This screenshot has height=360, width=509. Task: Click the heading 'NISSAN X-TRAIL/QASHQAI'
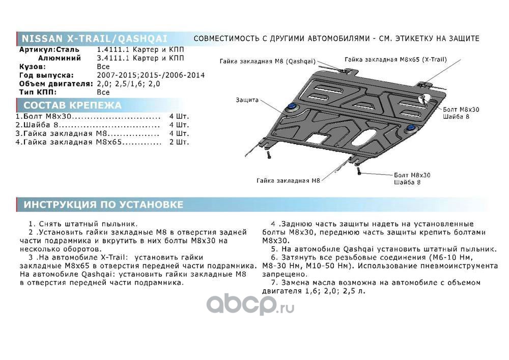click(94, 39)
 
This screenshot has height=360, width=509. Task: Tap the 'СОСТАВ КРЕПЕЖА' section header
click(73, 105)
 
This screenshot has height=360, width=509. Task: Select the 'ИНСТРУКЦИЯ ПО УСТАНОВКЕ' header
click(103, 205)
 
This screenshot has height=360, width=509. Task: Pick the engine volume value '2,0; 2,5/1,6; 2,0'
click(128, 84)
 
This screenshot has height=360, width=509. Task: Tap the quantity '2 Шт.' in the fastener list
click(179, 143)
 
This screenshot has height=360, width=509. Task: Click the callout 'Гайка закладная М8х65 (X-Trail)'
click(395, 59)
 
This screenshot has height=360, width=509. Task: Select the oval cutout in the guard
click(367, 136)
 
